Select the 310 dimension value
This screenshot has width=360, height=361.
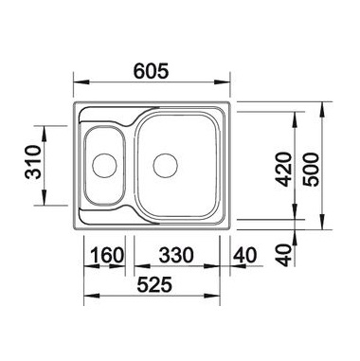click(x=33, y=163)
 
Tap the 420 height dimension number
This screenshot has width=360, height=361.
click(x=283, y=170)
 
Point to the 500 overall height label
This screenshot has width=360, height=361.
click(x=311, y=170)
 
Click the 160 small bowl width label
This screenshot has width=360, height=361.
click(x=107, y=255)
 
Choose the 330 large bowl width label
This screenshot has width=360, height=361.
click(x=176, y=255)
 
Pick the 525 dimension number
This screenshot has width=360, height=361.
click(x=154, y=284)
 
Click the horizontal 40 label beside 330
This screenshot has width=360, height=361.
click(x=244, y=255)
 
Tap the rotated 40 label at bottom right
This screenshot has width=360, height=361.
click(x=285, y=255)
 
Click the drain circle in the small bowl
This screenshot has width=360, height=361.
click(x=104, y=165)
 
